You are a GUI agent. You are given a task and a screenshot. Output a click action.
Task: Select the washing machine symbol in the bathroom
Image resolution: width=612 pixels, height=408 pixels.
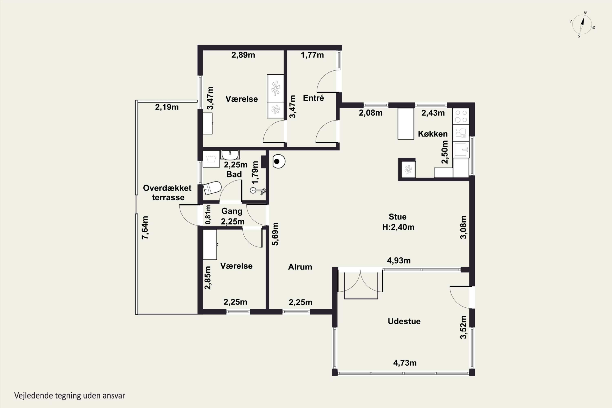[x=211, y=159]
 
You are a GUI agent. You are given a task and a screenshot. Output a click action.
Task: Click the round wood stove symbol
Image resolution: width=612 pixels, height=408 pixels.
[x=278, y=161]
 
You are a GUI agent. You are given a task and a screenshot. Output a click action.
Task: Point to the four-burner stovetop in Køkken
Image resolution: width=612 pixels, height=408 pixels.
[x=461, y=116]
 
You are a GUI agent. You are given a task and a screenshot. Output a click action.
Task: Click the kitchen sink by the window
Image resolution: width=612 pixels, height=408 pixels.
[x=461, y=149]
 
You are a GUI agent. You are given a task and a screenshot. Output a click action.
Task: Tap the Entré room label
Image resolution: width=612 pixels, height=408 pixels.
[x=313, y=98]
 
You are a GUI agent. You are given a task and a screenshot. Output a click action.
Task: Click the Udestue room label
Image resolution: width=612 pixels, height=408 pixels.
[x=404, y=321]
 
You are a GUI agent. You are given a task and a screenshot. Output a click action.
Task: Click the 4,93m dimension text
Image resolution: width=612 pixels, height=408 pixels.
[x=399, y=261]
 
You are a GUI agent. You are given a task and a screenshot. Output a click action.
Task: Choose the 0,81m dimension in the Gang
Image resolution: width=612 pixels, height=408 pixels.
[x=208, y=215]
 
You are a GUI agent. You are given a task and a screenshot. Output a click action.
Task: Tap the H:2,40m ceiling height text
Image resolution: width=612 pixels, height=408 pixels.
[x=398, y=227]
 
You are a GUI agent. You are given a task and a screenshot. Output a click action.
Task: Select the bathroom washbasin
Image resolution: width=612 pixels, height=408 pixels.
[x=230, y=155]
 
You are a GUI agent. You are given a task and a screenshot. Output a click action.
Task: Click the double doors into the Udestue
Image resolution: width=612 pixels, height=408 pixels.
[x=360, y=281]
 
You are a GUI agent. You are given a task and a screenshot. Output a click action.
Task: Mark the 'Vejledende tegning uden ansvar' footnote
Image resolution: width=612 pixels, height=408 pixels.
[x=70, y=396]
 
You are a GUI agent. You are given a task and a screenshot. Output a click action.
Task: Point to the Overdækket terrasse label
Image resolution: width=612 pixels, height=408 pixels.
[x=167, y=193]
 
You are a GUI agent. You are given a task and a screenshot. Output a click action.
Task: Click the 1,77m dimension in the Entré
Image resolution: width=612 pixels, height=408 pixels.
[x=312, y=55]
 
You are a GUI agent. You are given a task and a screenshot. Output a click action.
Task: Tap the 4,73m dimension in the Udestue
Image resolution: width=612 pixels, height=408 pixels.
[x=405, y=363]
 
